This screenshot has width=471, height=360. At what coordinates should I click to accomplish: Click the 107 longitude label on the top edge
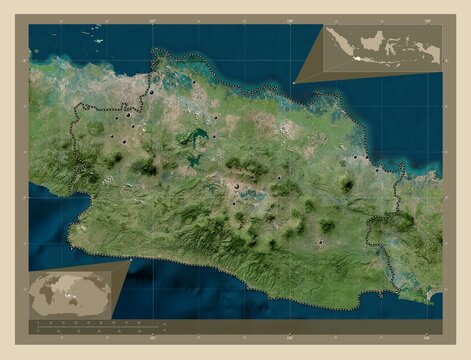pos(151,17)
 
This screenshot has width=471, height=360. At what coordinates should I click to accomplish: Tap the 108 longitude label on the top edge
pos(289,17)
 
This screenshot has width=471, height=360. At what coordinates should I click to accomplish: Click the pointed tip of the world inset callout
pos(131,261)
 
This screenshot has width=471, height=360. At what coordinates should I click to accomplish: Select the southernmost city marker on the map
pos(320,241)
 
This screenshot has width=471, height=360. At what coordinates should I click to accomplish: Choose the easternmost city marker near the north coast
pos(377,169)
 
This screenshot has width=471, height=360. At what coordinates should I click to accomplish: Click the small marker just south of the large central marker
pos(234,204)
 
